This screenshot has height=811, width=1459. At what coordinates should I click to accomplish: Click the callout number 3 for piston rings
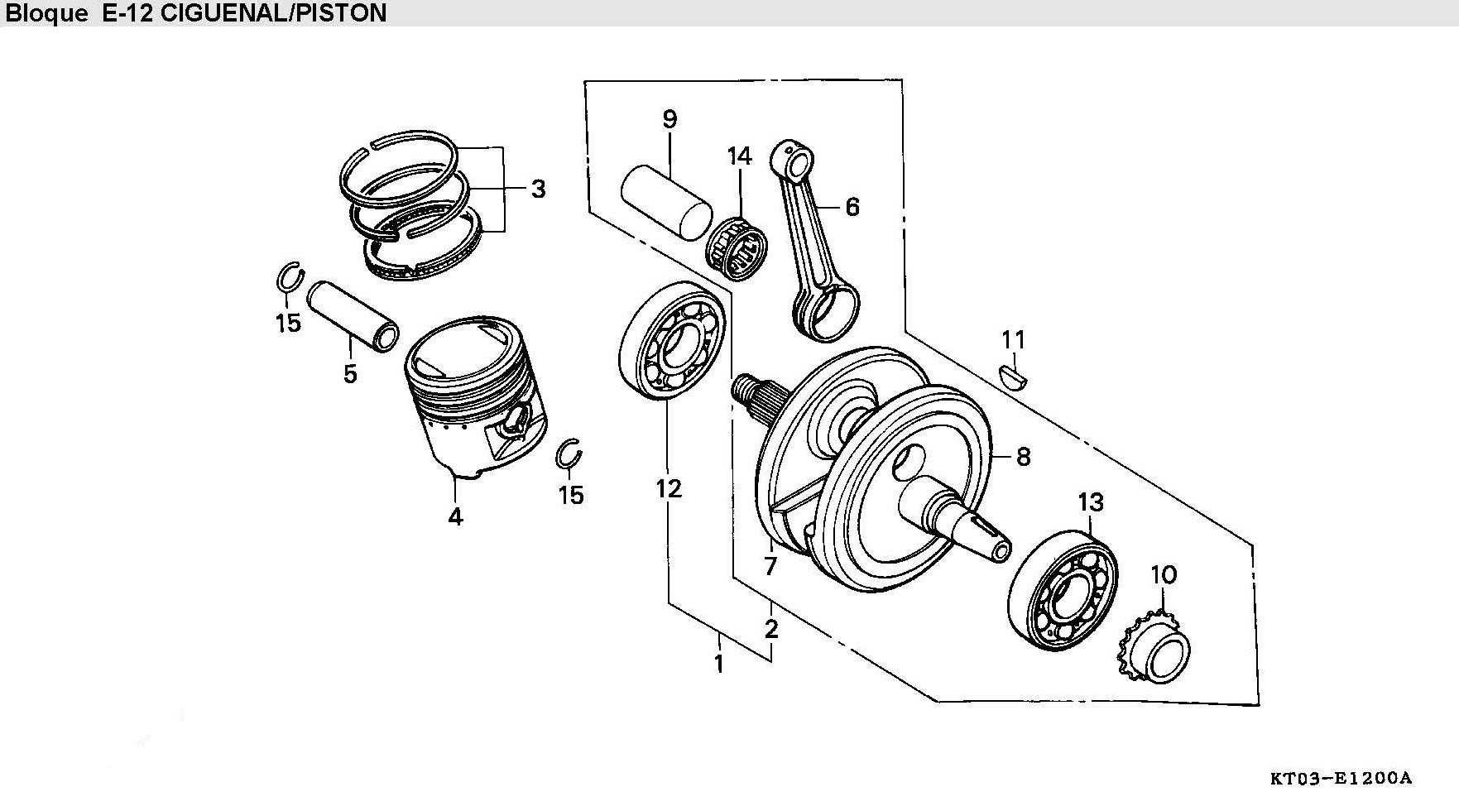pos(538,190)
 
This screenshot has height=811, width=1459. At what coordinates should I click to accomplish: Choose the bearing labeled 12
pos(672,341)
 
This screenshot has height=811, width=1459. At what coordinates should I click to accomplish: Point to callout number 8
pos(1023,456)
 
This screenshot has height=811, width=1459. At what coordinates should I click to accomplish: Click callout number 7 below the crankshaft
pos(770,567)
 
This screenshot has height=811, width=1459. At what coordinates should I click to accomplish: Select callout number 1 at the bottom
pos(719,664)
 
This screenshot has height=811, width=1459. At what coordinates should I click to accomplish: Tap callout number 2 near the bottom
pos(771,629)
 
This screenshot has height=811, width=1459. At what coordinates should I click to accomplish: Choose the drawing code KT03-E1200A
pos(1341,778)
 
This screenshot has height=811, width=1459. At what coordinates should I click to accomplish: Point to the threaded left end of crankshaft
pos(747,388)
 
